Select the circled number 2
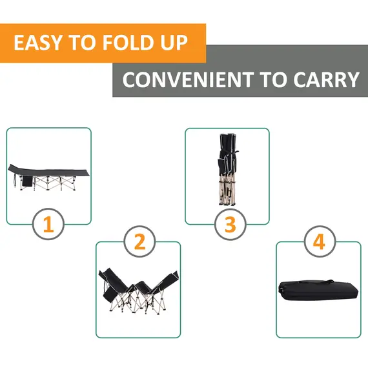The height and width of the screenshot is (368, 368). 139,242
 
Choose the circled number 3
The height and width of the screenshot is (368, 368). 230,225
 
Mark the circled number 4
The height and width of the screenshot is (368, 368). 318,242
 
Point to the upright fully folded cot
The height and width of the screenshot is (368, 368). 227,170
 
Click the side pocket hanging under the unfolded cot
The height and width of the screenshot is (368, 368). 26,183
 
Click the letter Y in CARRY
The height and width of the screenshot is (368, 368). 352,80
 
